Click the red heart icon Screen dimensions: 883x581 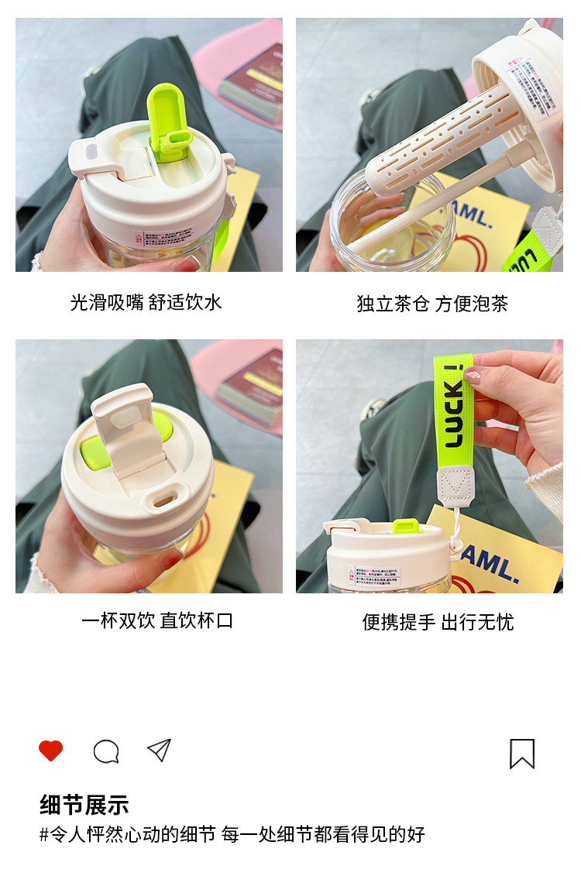tap(50, 751)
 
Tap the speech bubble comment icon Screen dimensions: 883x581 tap(106, 751)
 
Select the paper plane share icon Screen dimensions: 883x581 tap(159, 751)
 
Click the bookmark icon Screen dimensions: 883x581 tap(522, 753)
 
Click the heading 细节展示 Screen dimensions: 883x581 tap(84, 805)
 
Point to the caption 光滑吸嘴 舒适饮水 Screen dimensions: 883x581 tap(146, 302)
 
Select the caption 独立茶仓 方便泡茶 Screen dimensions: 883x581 tap(432, 304)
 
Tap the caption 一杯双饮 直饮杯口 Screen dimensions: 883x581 tap(157, 620)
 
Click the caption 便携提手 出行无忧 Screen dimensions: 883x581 tap(438, 622)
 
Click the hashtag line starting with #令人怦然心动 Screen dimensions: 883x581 tap(232, 834)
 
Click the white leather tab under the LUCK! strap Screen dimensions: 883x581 tap(456, 484)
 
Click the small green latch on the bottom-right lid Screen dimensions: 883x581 tap(407, 527)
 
